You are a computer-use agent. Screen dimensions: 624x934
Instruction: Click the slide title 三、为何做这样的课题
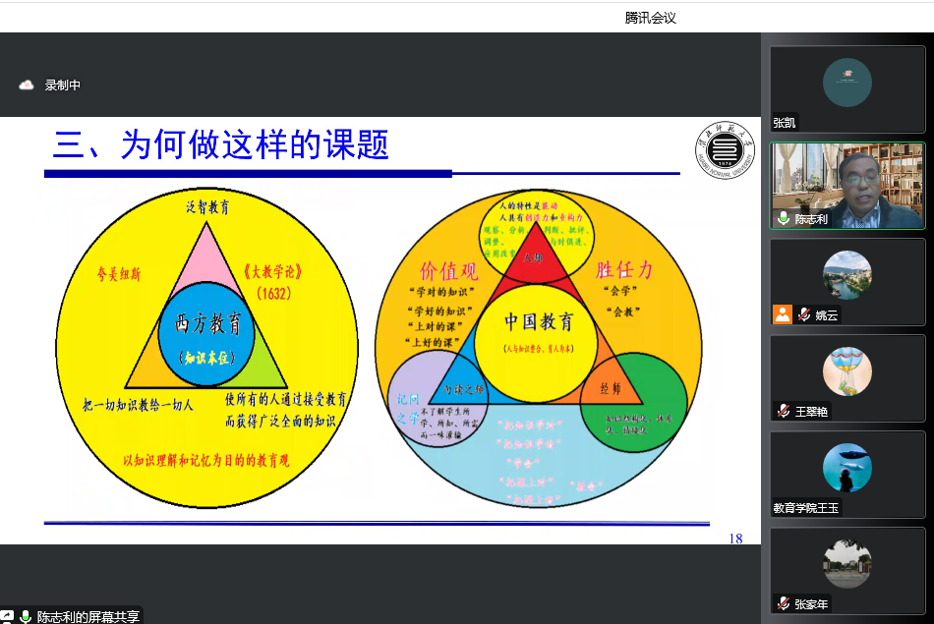tap(221, 145)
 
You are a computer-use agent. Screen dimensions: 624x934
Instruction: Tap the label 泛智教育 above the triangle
tap(207, 207)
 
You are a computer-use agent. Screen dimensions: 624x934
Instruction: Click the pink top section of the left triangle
tap(207, 260)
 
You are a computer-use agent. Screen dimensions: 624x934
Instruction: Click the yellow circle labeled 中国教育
tap(538, 334)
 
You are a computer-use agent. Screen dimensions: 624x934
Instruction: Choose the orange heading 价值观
tap(449, 270)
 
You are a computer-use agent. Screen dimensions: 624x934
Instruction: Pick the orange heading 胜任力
tap(624, 270)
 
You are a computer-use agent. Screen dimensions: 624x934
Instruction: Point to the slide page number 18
tap(735, 539)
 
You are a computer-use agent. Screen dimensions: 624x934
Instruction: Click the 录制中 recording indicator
tap(62, 85)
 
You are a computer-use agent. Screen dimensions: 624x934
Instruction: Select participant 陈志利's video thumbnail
tap(846, 186)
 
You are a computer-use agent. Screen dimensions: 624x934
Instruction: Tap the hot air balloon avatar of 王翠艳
tap(846, 371)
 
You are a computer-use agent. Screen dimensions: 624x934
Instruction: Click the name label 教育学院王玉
tap(806, 508)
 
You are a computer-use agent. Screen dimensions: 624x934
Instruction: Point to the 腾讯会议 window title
tap(650, 18)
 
